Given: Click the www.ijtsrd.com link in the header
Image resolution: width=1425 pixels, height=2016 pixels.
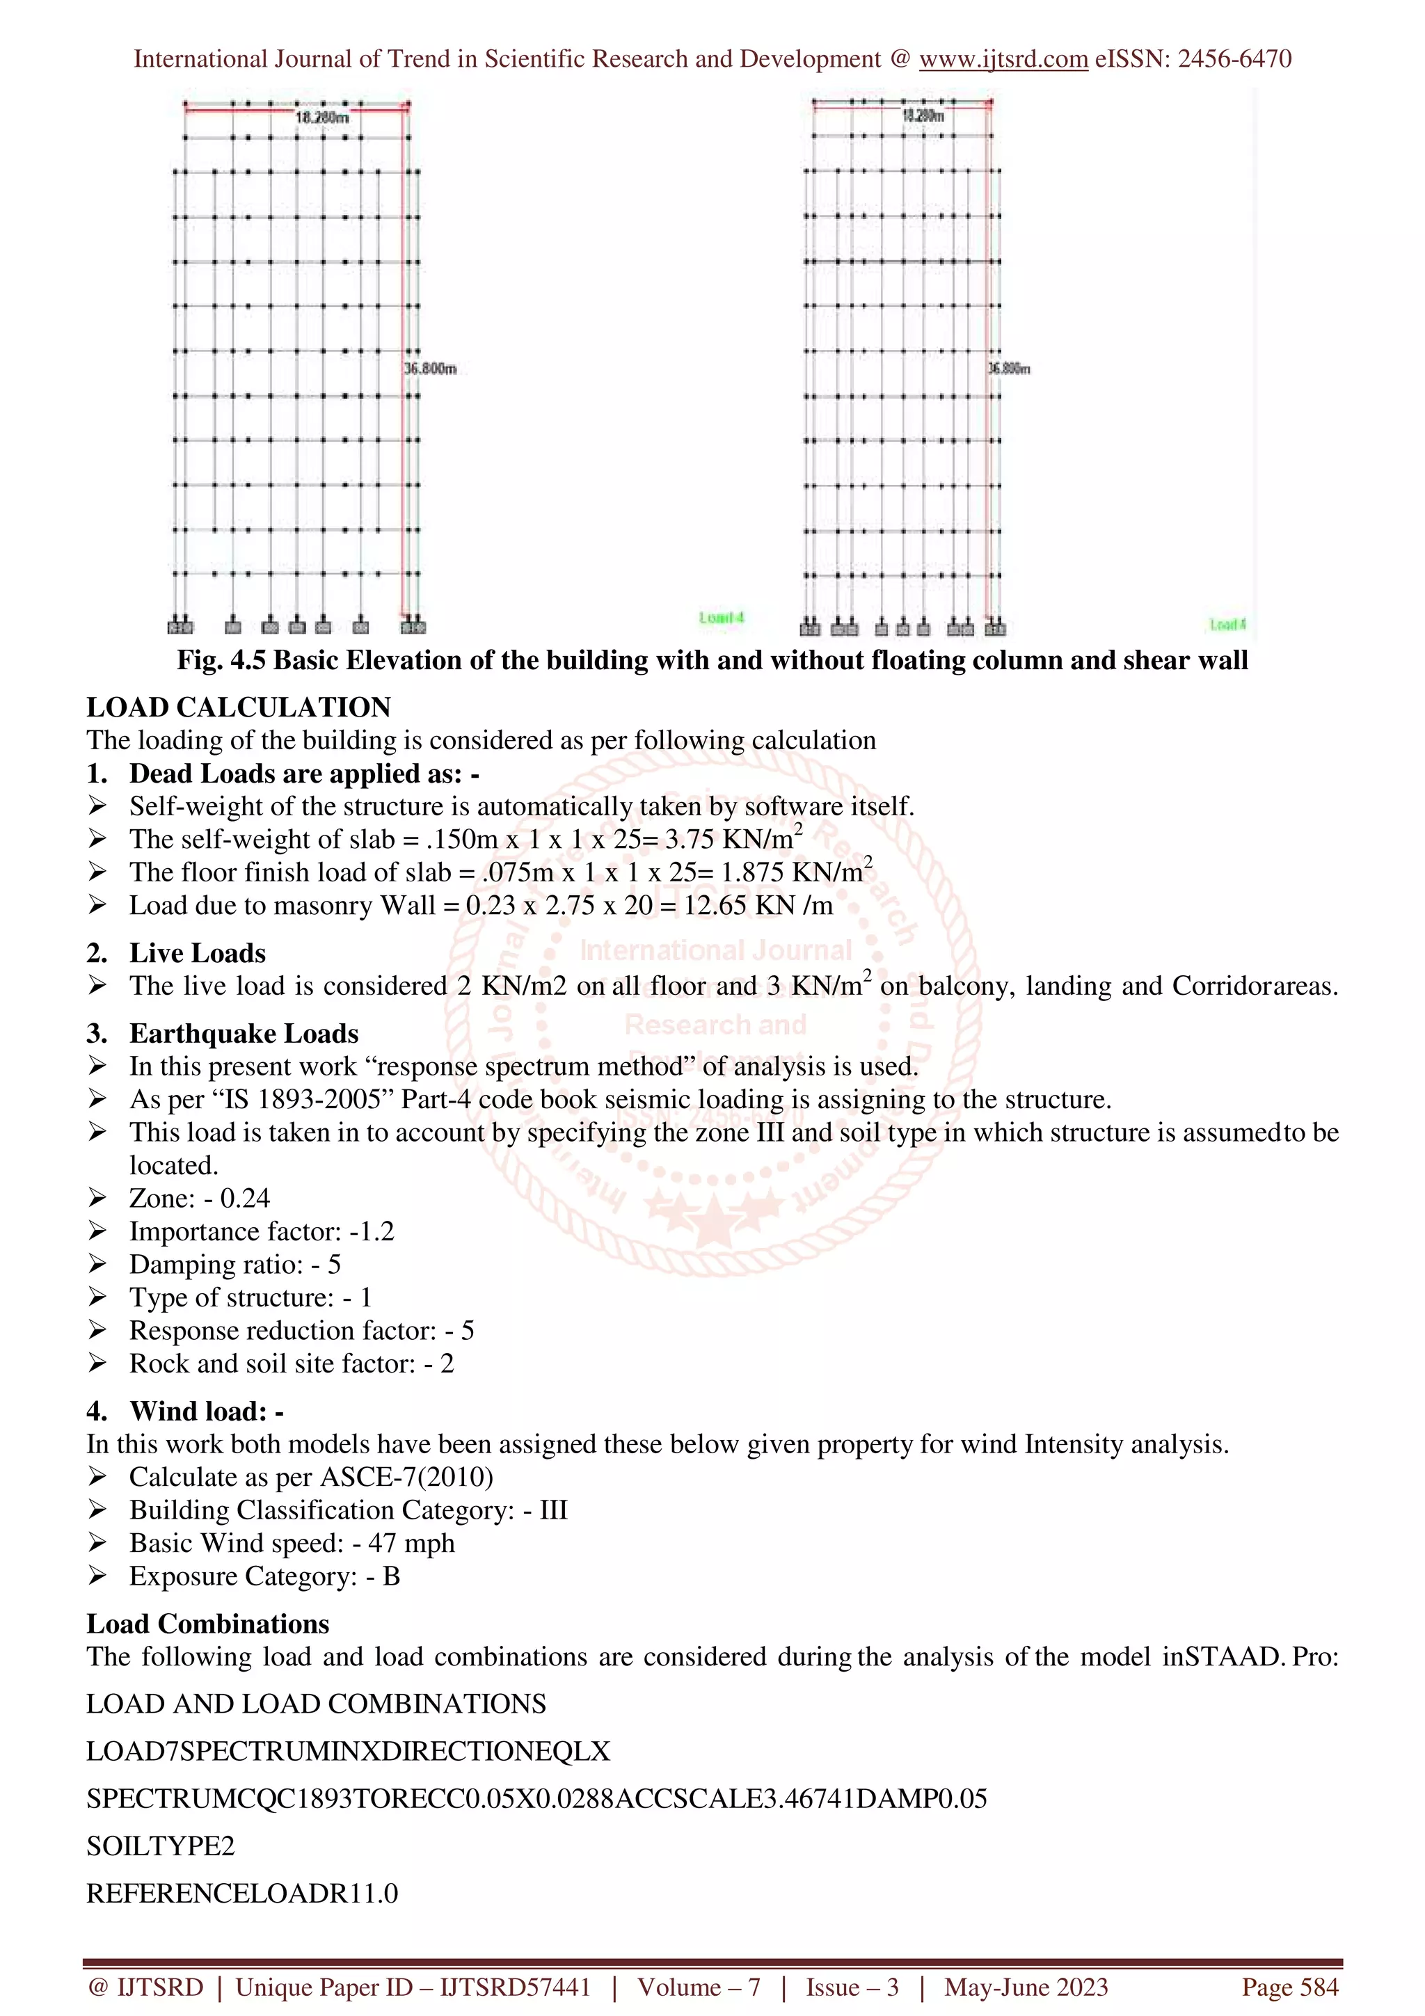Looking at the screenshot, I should click(x=1003, y=59).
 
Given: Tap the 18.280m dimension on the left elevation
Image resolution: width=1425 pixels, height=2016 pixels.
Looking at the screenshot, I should click(x=321, y=118).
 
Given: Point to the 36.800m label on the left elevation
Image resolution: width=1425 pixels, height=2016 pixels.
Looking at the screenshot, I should click(x=430, y=369).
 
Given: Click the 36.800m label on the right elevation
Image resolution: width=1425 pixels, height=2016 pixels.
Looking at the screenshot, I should click(x=1009, y=369).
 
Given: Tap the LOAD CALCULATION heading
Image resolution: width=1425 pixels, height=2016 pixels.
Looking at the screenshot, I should click(x=238, y=707).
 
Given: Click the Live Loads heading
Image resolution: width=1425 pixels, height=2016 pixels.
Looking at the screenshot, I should click(x=197, y=952).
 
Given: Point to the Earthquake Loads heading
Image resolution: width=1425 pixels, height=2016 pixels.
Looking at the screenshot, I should click(x=244, y=1034).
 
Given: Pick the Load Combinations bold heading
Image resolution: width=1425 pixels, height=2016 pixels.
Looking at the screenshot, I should click(x=207, y=1624).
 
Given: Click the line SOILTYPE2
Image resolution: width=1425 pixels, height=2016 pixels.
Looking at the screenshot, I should click(x=161, y=1846).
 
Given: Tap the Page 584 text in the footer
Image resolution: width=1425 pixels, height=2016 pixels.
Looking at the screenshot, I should click(x=1289, y=1987).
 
